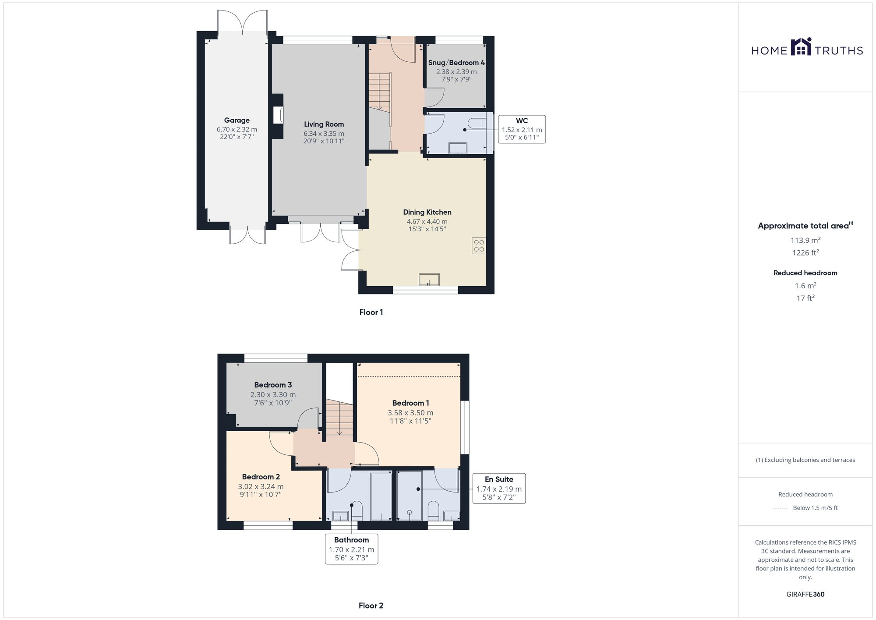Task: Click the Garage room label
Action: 237,120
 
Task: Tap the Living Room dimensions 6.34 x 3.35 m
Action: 324,134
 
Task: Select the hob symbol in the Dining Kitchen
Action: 479,246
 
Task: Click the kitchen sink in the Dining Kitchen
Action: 429,280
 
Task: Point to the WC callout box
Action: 522,129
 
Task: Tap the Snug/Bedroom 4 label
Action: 456,63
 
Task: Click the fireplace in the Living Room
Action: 279,116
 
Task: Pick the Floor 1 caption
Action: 371,312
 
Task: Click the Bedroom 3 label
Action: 273,385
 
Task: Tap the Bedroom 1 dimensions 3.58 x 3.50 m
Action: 410,413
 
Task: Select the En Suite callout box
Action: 499,488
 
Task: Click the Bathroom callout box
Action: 351,549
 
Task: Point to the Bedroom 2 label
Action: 261,477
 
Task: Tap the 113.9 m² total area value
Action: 805,240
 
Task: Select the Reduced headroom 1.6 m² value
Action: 805,286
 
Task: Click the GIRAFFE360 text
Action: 805,595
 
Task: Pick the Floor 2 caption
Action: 371,606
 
